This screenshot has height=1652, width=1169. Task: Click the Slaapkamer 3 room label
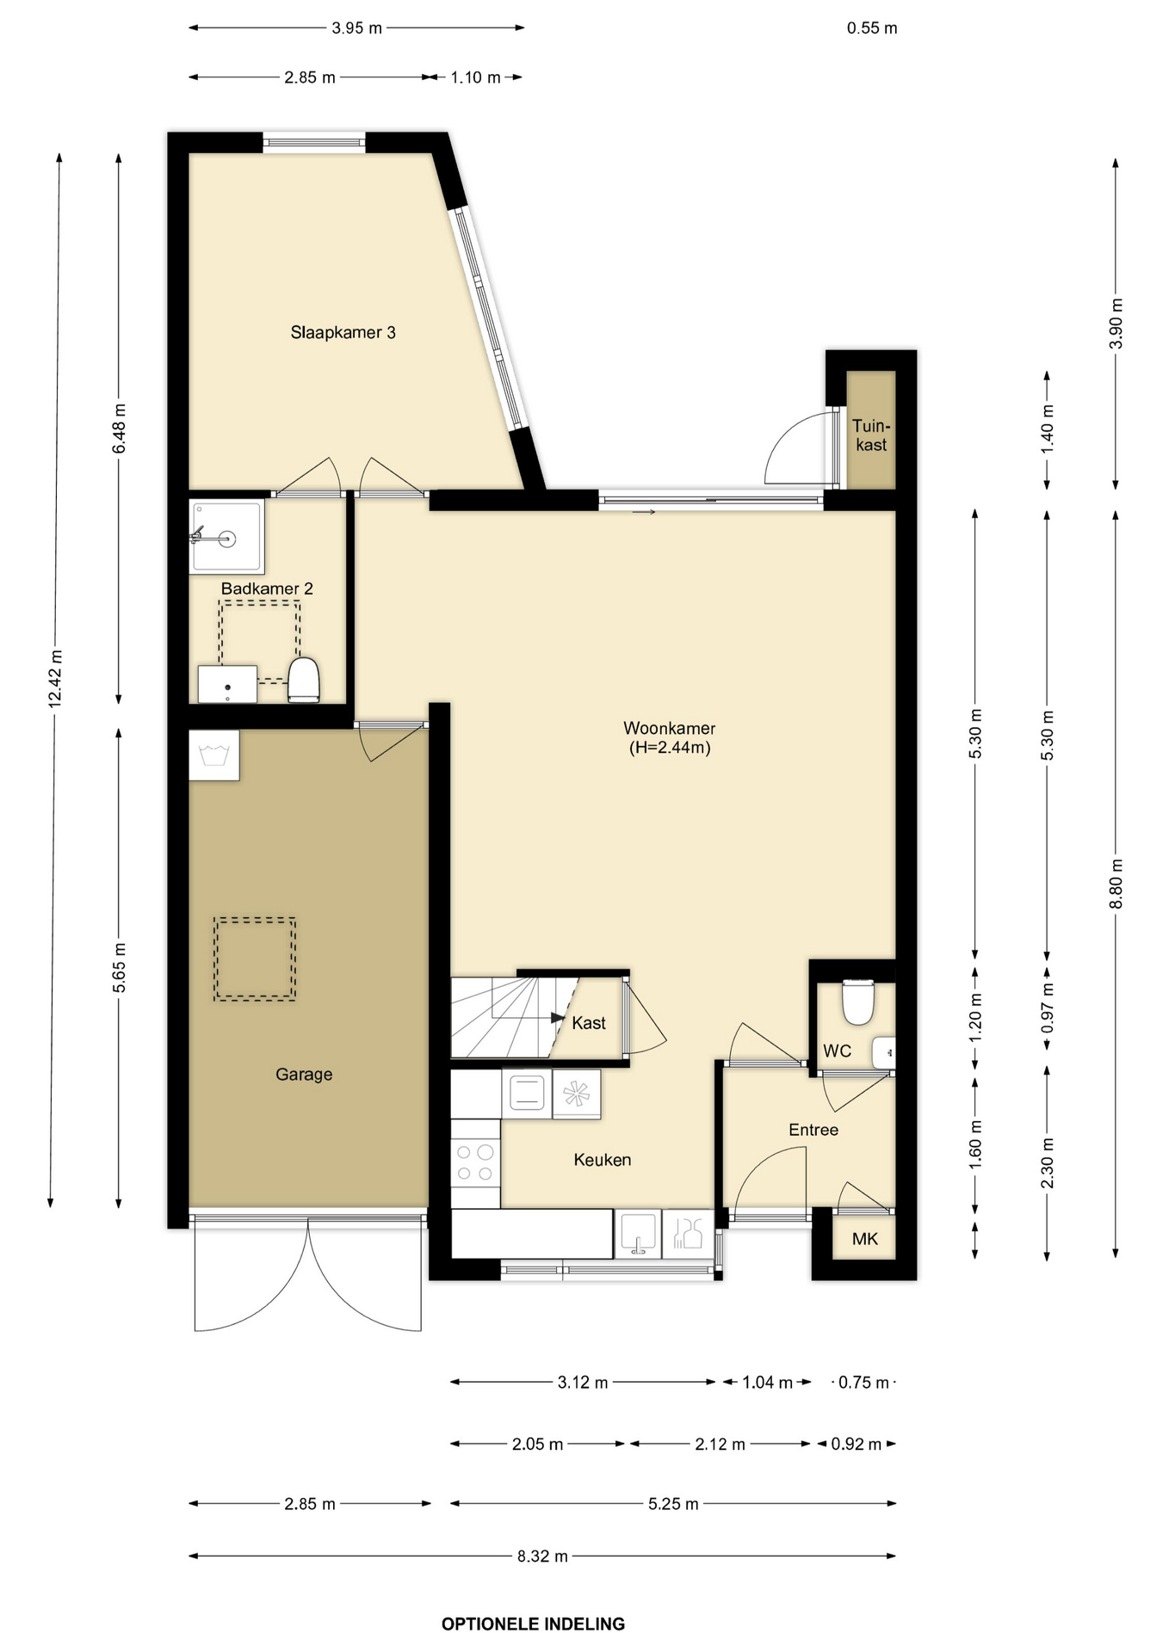click(343, 333)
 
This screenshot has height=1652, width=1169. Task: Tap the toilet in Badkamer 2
click(303, 680)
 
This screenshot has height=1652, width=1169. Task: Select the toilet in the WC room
click(857, 1002)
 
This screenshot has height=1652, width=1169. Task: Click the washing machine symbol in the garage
click(213, 755)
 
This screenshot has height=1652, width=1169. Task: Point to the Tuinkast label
click(871, 435)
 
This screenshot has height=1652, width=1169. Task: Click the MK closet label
click(864, 1239)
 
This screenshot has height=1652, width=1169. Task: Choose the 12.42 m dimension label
click(56, 680)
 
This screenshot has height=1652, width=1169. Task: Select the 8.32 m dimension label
click(542, 1556)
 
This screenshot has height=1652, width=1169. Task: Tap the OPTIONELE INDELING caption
click(533, 1624)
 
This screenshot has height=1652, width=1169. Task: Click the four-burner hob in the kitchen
click(475, 1162)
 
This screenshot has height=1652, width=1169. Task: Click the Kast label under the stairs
click(589, 1023)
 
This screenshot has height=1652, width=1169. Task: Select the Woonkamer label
click(670, 738)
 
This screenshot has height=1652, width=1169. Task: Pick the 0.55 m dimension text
click(872, 28)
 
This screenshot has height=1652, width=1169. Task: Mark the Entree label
click(813, 1130)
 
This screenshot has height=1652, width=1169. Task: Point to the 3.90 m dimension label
click(1116, 324)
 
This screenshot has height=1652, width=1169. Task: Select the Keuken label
click(603, 1160)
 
